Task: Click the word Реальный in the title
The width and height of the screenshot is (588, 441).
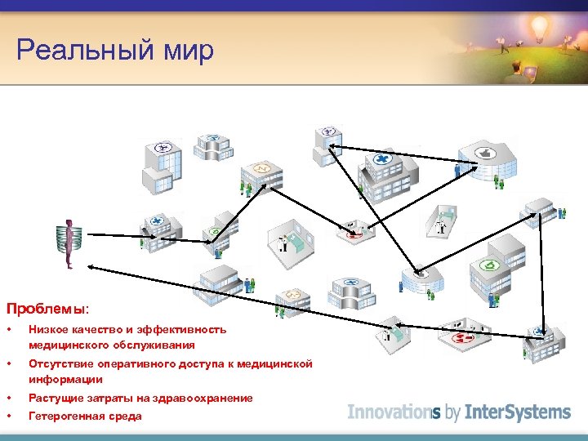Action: tap(78, 50)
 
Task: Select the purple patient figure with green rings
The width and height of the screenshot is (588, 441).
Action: tap(69, 243)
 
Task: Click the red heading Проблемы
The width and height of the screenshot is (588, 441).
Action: tap(45, 310)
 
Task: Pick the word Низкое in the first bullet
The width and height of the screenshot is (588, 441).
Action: tap(48, 330)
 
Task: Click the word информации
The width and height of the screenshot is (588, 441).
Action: tap(65, 380)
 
